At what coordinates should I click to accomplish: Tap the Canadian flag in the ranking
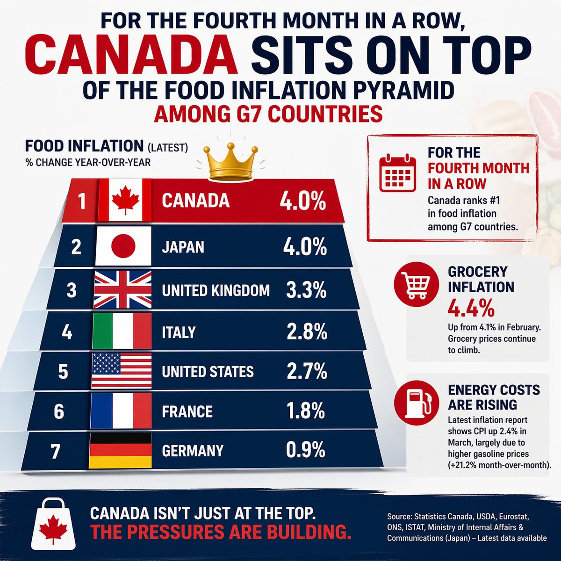click(x=125, y=200)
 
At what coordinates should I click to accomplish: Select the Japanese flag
click(x=123, y=246)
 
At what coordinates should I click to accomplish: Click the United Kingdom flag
click(x=123, y=289)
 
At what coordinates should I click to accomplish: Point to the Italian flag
click(x=122, y=331)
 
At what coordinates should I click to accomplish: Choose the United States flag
click(x=122, y=371)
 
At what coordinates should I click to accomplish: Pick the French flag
click(x=121, y=411)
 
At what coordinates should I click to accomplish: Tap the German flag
click(x=120, y=451)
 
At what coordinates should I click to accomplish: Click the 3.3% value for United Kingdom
click(x=306, y=290)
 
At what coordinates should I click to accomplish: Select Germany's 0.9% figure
click(x=305, y=450)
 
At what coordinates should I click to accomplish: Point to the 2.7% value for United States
click(x=307, y=371)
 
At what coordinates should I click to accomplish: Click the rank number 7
click(x=56, y=451)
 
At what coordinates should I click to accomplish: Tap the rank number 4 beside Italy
click(x=67, y=332)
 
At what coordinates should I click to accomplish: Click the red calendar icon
click(x=397, y=173)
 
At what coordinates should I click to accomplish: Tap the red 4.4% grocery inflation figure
click(x=471, y=308)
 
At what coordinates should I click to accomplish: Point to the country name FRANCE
click(x=187, y=411)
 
